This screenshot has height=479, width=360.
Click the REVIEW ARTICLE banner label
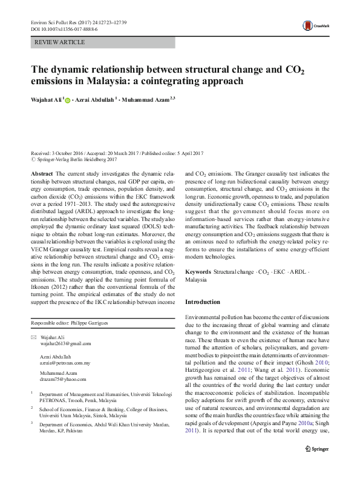coord(60,42)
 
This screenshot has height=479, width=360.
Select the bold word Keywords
coord(198,273)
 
